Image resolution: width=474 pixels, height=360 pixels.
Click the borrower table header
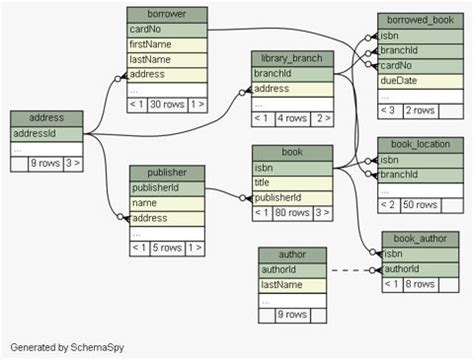tap(167, 15)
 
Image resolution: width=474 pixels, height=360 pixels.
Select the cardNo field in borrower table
tap(167, 30)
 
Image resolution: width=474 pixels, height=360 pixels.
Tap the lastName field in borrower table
tap(167, 60)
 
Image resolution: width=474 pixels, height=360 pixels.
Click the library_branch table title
tap(291, 59)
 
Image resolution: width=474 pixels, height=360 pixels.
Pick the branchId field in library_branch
tap(291, 74)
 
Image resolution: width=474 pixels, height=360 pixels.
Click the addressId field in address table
tap(46, 133)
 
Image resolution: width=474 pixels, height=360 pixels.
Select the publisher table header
tap(166, 173)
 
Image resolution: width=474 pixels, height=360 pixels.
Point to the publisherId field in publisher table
tap(166, 188)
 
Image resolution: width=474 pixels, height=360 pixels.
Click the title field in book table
tap(291, 182)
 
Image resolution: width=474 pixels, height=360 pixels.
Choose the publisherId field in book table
tap(291, 197)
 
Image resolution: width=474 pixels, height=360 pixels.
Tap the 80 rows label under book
tap(293, 212)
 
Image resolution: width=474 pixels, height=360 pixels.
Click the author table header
tap(293, 255)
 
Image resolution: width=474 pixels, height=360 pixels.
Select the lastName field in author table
tap(293, 285)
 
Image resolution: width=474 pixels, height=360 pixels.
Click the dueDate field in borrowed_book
tap(419, 80)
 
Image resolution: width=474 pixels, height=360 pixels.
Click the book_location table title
tap(420, 144)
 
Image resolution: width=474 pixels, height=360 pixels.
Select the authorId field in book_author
tap(420, 269)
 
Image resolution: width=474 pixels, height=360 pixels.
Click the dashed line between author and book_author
tap(350, 270)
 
